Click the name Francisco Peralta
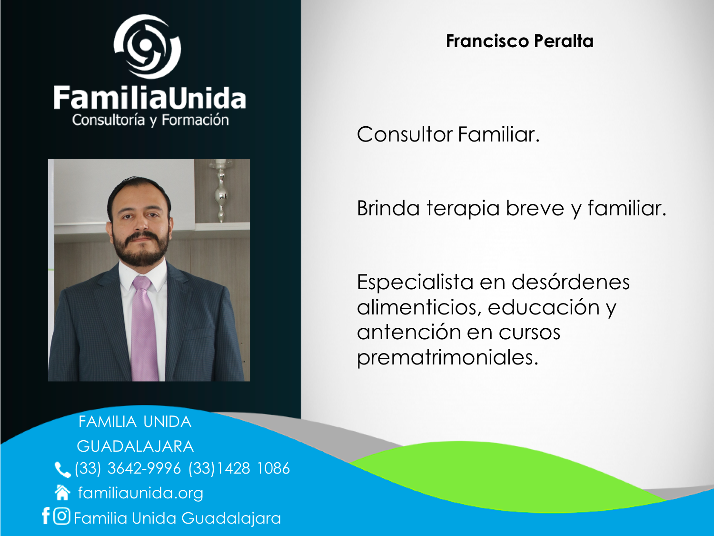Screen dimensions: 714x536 [x=519, y=41]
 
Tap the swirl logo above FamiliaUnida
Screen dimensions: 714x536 [x=148, y=47]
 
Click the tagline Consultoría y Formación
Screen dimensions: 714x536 [x=150, y=120]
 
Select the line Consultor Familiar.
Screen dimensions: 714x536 [x=448, y=134]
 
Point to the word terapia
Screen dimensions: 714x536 [x=463, y=209]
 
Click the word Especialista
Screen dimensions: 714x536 [x=415, y=282]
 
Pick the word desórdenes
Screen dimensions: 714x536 [x=571, y=282]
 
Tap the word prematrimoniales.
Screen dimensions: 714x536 [x=447, y=358]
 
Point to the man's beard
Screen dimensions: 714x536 [x=141, y=249]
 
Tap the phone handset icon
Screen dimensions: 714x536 [x=62, y=470]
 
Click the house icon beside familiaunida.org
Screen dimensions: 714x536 [x=62, y=493]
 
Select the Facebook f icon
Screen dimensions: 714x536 [x=46, y=516]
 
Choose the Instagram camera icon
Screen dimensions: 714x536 [x=62, y=516]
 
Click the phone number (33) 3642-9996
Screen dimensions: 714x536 [x=128, y=469]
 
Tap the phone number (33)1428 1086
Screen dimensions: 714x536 [x=239, y=469]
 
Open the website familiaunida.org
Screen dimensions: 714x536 [x=140, y=493]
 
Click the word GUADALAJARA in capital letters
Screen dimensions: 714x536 [x=135, y=446]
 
